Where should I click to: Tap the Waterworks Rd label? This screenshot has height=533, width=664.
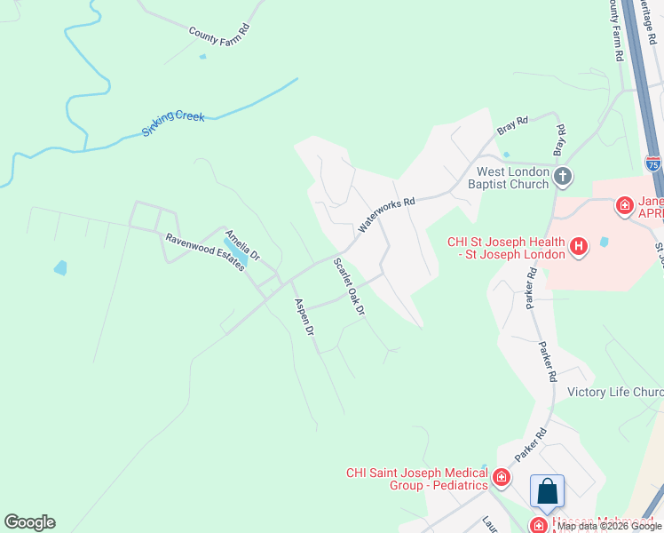pyautogui.click(x=387, y=215)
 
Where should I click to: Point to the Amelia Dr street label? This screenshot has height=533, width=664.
pyautogui.click(x=241, y=245)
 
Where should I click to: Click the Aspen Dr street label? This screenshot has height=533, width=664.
pyautogui.click(x=304, y=317)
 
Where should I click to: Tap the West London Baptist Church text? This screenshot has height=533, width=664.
pyautogui.click(x=512, y=178)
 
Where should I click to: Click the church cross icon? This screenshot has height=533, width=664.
pyautogui.click(x=562, y=177)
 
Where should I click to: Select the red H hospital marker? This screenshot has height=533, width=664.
pyautogui.click(x=579, y=246)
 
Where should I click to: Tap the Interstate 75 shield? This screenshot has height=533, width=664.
pyautogui.click(x=653, y=163)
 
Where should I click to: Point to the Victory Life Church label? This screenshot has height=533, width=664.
pyautogui.click(x=615, y=392)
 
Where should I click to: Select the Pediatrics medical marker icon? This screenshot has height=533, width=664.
pyautogui.click(x=502, y=479)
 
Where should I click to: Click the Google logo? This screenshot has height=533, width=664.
pyautogui.click(x=29, y=522)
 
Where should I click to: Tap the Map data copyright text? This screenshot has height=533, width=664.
pyautogui.click(x=610, y=526)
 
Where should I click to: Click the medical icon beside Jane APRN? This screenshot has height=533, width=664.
pyautogui.click(x=625, y=206)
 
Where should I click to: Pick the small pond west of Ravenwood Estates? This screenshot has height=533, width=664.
pyautogui.click(x=59, y=267)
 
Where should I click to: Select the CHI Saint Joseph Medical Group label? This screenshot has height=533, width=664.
pyautogui.click(x=417, y=479)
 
